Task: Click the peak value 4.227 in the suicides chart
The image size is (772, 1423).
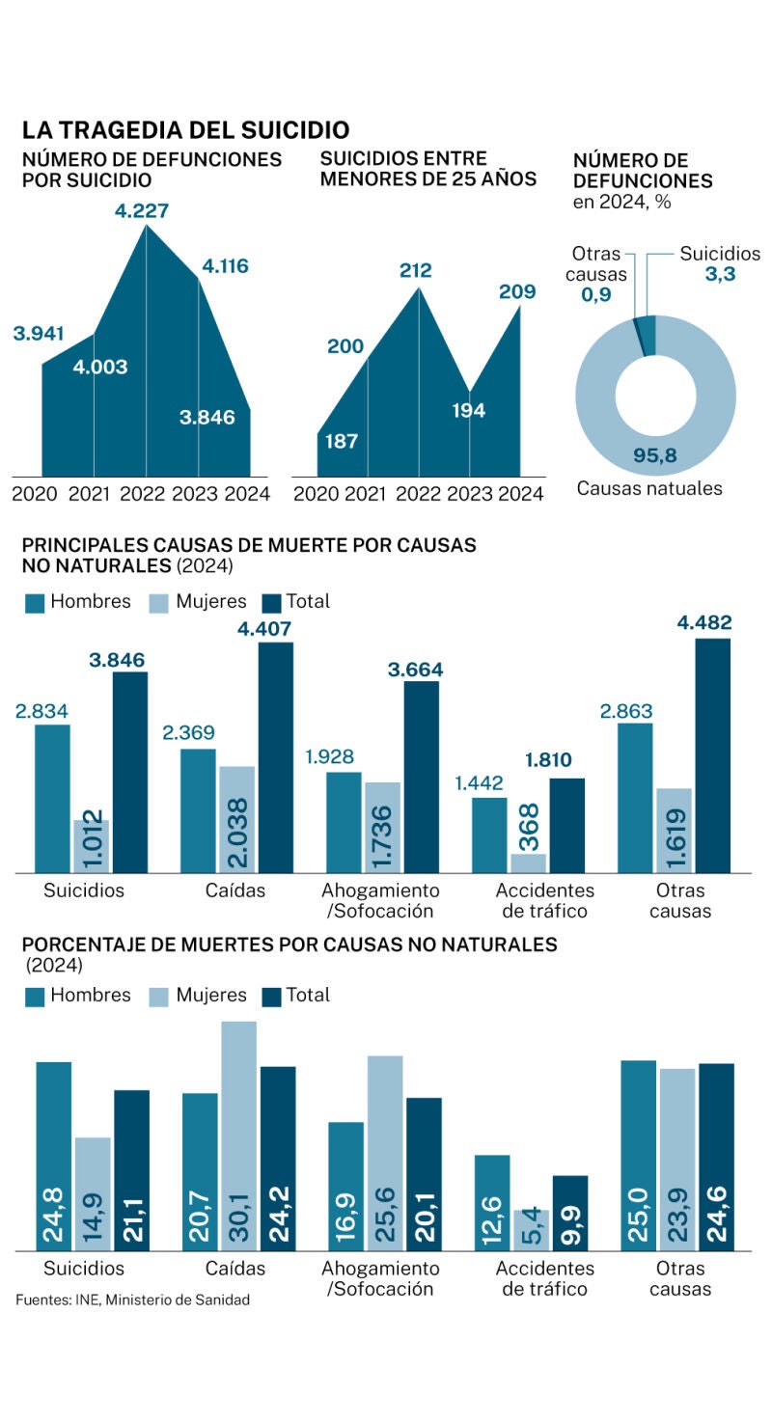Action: pyautogui.click(x=142, y=210)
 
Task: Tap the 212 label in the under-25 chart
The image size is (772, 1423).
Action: pyautogui.click(x=416, y=270)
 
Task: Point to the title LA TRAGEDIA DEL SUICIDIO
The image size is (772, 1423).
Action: pyautogui.click(x=185, y=130)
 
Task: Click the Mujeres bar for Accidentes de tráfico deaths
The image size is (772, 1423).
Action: pyautogui.click(x=529, y=862)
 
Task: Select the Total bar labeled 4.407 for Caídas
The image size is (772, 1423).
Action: pyautogui.click(x=276, y=757)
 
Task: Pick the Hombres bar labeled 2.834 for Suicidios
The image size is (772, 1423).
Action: pyautogui.click(x=53, y=799)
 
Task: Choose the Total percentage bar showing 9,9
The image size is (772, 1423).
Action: pyautogui.click(x=570, y=1213)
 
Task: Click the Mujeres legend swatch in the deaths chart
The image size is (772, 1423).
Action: pyautogui.click(x=160, y=603)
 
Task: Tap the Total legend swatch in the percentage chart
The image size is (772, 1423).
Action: pyautogui.click(x=271, y=997)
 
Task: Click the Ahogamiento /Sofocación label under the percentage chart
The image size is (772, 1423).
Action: pyautogui.click(x=380, y=1278)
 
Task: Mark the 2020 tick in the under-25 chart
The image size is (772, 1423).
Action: pyautogui.click(x=317, y=494)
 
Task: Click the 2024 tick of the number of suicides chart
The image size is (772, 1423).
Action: pyautogui.click(x=247, y=494)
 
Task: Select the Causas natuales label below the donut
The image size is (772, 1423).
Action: pyautogui.click(x=648, y=488)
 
